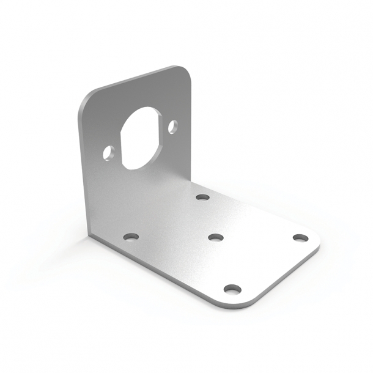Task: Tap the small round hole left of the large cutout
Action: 108,152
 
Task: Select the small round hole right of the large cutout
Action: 172,127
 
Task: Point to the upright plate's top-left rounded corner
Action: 86,101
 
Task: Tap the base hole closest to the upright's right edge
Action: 202,198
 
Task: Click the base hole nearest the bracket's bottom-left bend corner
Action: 131,236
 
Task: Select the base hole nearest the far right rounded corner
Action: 299,237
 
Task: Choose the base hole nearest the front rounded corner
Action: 231,289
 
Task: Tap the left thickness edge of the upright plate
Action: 81,171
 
